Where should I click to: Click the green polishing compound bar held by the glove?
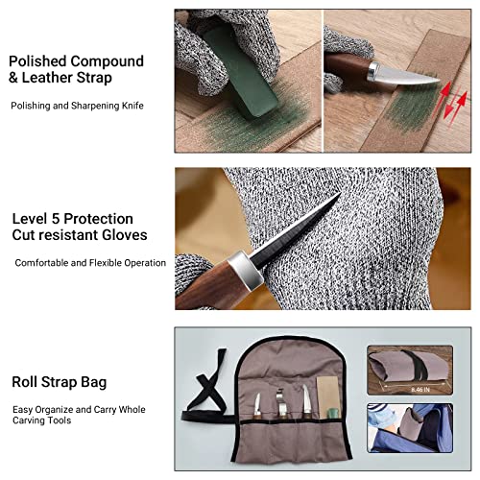tap(242, 74)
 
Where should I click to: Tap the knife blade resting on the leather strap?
tap(405, 75)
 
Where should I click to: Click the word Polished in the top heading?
tap(37, 61)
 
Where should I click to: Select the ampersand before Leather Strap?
tap(13, 78)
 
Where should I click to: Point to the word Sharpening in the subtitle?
tap(91, 106)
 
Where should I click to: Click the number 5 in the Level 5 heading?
tap(56, 219)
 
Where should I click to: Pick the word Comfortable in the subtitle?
tap(41, 263)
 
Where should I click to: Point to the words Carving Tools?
tap(41, 420)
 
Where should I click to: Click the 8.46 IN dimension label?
tap(420, 390)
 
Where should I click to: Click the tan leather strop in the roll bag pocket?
tap(328, 396)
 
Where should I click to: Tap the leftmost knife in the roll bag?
tap(257, 406)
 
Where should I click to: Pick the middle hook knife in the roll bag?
tap(281, 403)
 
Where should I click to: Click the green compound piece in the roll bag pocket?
tap(333, 413)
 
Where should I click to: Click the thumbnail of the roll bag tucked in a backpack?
tap(410, 428)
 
